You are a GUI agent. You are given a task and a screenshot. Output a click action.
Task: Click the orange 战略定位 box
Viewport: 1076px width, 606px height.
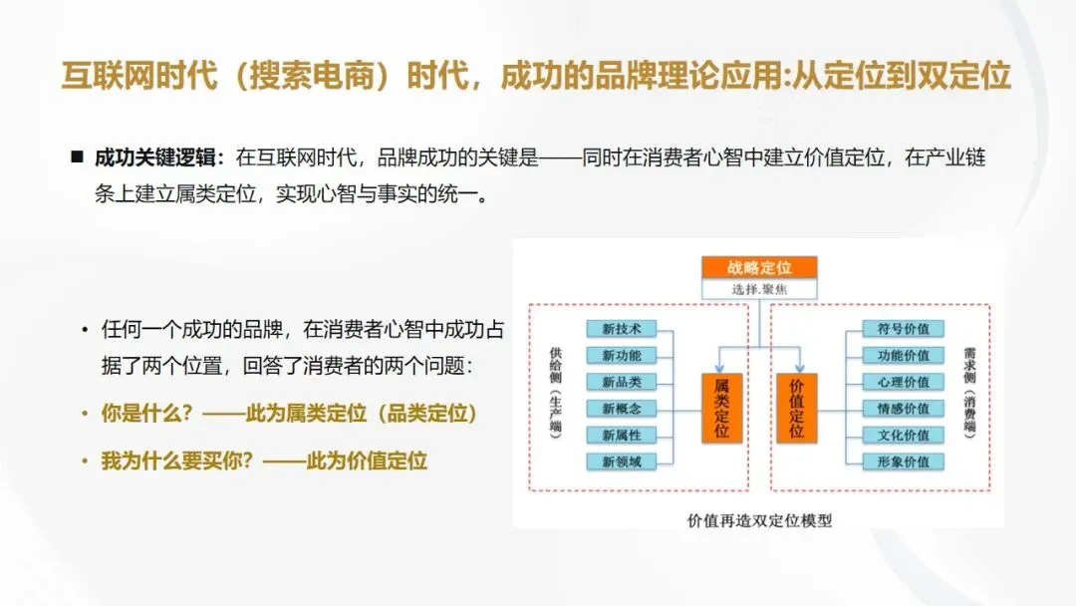click(759, 267)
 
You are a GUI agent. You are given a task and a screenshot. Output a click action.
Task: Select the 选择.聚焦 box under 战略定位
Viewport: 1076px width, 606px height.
click(759, 289)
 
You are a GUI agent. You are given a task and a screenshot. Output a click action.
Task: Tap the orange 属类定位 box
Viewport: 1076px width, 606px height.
click(721, 408)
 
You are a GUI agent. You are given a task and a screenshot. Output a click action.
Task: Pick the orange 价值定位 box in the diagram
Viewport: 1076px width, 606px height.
click(796, 408)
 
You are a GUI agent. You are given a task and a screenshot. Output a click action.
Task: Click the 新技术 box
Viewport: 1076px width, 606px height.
click(622, 329)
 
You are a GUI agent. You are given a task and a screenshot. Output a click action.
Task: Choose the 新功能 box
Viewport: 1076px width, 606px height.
click(622, 356)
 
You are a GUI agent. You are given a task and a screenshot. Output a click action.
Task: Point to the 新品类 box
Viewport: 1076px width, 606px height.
click(622, 382)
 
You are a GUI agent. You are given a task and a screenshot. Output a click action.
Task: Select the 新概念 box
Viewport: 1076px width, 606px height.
click(622, 409)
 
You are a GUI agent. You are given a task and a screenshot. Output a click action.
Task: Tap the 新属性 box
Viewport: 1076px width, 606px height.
click(622, 436)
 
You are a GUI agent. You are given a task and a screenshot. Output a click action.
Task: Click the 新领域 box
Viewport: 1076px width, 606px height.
click(622, 461)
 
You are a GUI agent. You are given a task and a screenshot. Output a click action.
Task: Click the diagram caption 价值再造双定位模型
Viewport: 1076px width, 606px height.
click(759, 520)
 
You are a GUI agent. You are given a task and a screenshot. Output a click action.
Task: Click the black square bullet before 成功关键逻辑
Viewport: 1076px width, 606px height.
click(76, 157)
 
